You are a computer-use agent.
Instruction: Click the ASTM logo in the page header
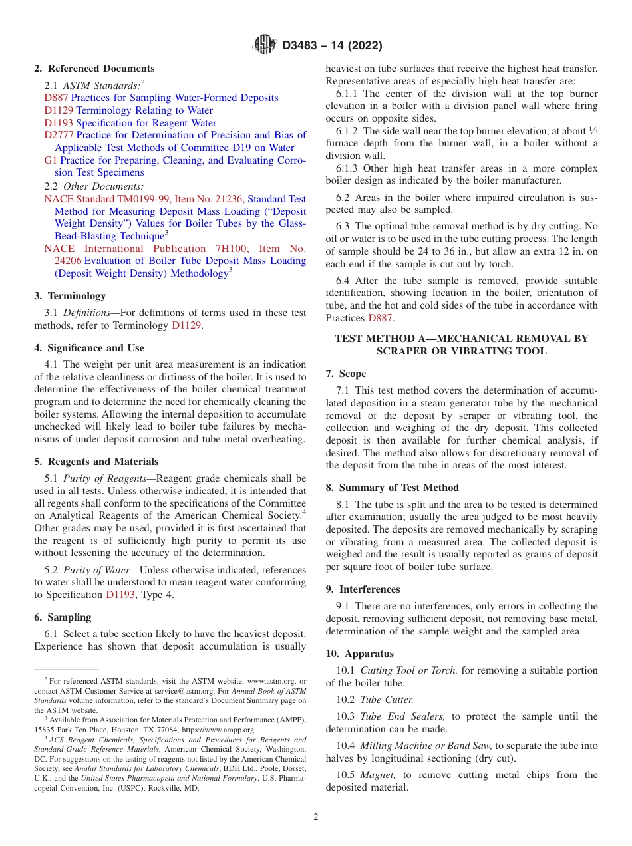(265, 45)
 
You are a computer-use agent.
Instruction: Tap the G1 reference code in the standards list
(51, 160)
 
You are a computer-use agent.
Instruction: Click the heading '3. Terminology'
(70, 296)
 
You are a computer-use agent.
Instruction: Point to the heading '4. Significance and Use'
(89, 348)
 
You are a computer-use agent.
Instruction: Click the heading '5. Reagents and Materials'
(96, 462)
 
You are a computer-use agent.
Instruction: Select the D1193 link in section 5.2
(121, 595)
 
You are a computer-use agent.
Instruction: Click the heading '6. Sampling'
(63, 617)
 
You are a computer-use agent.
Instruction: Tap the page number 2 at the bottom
(316, 817)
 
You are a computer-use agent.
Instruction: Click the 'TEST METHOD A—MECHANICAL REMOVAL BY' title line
(461, 339)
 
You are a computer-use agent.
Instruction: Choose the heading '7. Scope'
(346, 374)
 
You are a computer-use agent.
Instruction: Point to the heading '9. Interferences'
(363, 589)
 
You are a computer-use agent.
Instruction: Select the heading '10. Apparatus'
(359, 654)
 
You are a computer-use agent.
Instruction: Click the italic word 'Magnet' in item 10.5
(379, 775)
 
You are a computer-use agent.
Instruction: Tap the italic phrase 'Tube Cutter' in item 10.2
(386, 700)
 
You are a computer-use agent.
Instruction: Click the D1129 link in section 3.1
(187, 325)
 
